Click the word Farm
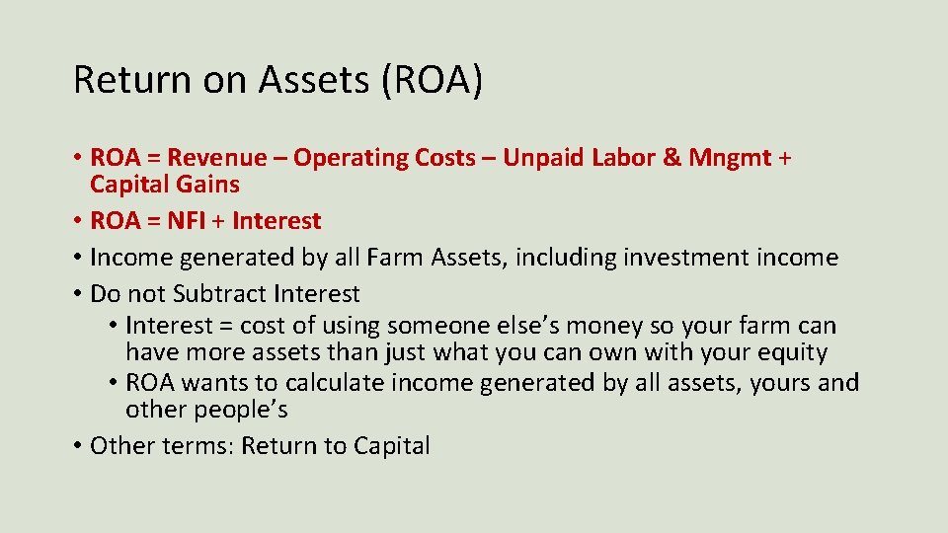coord(396,258)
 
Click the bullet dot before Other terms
coord(76,446)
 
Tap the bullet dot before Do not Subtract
coord(76,294)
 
